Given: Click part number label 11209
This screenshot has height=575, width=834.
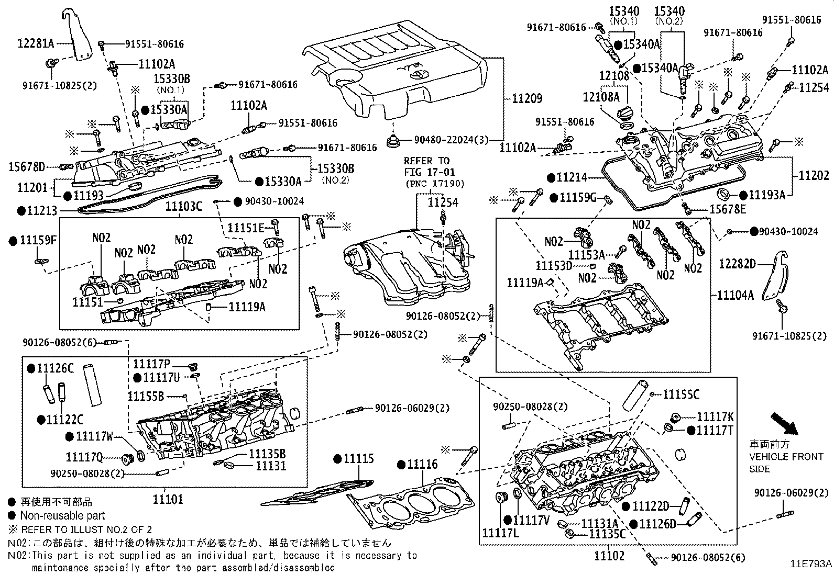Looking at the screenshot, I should pyautogui.click(x=526, y=98).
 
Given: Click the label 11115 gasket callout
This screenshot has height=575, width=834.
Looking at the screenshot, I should pyautogui.click(x=359, y=459).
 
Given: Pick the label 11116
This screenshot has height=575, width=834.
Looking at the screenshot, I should pyautogui.click(x=422, y=464).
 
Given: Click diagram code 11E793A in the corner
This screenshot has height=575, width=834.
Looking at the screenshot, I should pyautogui.click(x=810, y=563).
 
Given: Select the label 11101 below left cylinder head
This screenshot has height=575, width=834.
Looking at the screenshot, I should pyautogui.click(x=168, y=499).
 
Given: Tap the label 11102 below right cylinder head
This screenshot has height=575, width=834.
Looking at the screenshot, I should pyautogui.click(x=609, y=556).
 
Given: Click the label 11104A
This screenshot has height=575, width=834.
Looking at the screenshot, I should pyautogui.click(x=735, y=296).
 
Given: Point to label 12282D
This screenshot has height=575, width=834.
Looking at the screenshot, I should pyautogui.click(x=737, y=264).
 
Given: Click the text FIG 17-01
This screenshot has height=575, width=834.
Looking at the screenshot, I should pyautogui.click(x=429, y=172).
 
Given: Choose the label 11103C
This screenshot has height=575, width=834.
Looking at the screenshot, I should pyautogui.click(x=183, y=206).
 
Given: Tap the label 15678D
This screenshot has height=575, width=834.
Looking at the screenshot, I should pyautogui.click(x=27, y=167).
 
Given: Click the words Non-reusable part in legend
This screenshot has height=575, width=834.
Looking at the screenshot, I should pyautogui.click(x=62, y=515).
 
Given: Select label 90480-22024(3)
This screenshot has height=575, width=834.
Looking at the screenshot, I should pyautogui.click(x=451, y=140).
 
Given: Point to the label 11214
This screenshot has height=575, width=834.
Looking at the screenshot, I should pyautogui.click(x=572, y=178).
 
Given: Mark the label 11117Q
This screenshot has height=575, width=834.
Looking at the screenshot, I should pyautogui.click(x=84, y=458).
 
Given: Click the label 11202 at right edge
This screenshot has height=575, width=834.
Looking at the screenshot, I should pyautogui.click(x=814, y=176).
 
